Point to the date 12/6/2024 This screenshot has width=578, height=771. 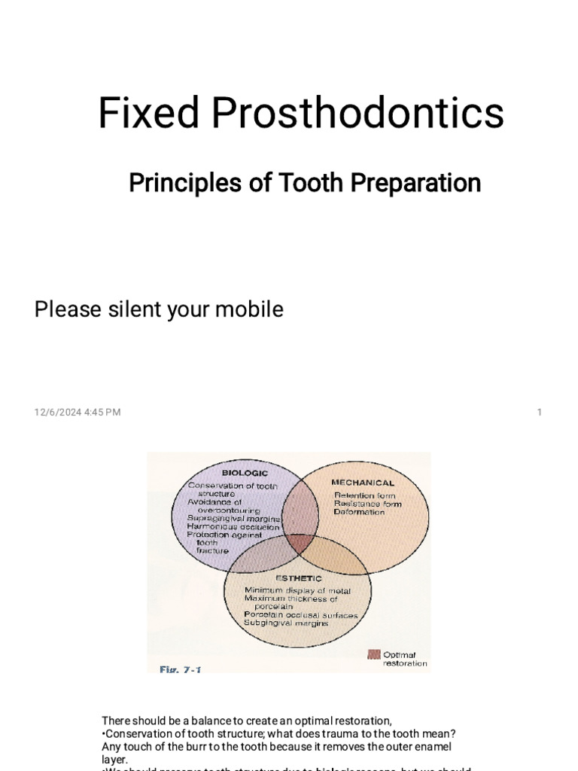click(59, 412)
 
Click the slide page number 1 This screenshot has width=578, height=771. click(540, 412)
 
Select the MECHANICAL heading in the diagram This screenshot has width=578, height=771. click(363, 483)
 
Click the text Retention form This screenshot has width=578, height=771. click(365, 495)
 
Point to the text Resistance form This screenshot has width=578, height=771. click(368, 504)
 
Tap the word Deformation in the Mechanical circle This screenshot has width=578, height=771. click(360, 512)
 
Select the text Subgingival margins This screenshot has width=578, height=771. click(284, 624)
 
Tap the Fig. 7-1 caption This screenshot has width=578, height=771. click(180, 668)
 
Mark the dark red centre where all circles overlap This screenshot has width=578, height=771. click(300, 543)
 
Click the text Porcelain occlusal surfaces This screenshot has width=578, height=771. click(301, 615)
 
